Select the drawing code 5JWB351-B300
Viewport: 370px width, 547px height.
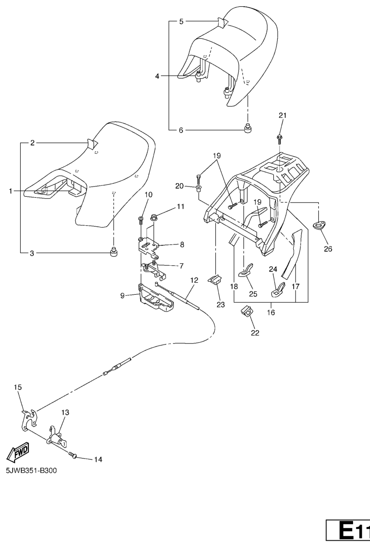click(31, 471)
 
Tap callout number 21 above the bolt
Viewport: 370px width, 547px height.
click(283, 115)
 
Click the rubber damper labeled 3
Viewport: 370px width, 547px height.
click(114, 253)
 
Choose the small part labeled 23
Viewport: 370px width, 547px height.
click(215, 280)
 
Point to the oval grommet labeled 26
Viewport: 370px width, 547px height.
click(319, 225)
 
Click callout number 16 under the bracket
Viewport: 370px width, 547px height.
click(270, 313)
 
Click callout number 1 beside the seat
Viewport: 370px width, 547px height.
click(11, 191)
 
